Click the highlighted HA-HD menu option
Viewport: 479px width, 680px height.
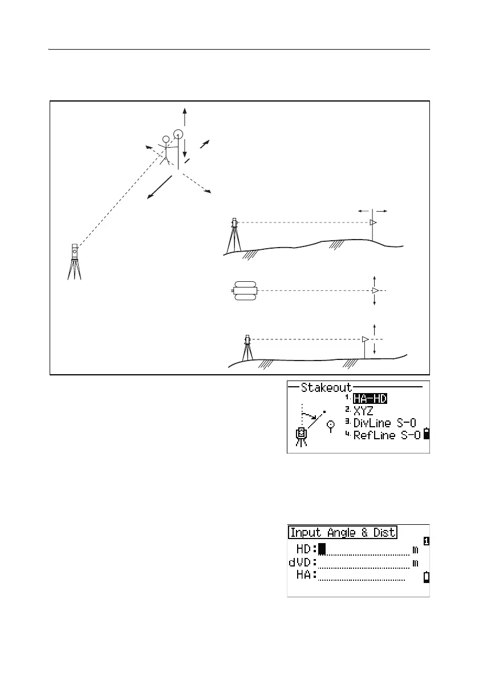[x=370, y=399]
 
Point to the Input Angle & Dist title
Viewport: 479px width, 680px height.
[x=343, y=533]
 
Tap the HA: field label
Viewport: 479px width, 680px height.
[x=306, y=576]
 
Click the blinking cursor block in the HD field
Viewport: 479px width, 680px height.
[x=322, y=549]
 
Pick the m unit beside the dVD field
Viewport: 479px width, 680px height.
[x=415, y=563]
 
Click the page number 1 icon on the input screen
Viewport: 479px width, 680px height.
[x=425, y=540]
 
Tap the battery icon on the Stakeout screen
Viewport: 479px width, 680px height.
[x=425, y=436]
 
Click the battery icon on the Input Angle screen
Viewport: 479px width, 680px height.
[x=425, y=578]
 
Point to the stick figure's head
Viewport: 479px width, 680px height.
[x=166, y=139]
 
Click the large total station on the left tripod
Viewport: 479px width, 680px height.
[x=74, y=252]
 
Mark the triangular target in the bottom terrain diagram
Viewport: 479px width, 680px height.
[x=364, y=339]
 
